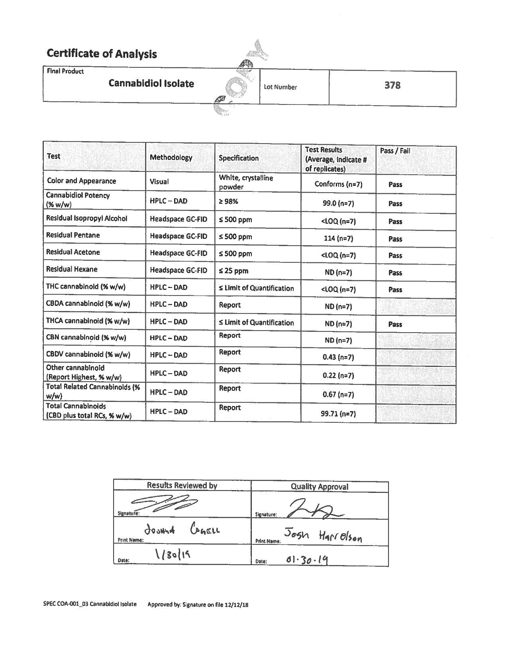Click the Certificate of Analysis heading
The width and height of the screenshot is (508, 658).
click(102, 54)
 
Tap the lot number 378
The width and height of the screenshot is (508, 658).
click(392, 85)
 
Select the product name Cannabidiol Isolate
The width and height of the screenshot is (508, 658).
click(151, 84)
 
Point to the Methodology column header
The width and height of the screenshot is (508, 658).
click(171, 158)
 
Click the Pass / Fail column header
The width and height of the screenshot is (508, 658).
click(395, 151)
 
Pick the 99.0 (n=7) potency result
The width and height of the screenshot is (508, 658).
click(338, 203)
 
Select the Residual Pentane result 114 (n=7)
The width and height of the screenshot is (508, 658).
click(338, 238)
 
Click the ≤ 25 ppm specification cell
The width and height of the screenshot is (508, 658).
click(233, 271)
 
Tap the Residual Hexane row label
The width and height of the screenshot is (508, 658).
click(72, 269)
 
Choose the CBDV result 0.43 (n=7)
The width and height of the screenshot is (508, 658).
click(338, 357)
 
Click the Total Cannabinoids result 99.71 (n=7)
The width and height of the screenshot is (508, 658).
click(338, 414)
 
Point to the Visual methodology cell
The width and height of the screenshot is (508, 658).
click(159, 182)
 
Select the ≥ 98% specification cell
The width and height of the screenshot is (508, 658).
click(228, 201)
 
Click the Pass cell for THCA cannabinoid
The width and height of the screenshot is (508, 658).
click(395, 324)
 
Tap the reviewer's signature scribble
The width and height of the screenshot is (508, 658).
click(163, 503)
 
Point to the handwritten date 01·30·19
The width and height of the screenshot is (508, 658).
click(307, 560)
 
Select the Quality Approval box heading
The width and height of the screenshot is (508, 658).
click(319, 487)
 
